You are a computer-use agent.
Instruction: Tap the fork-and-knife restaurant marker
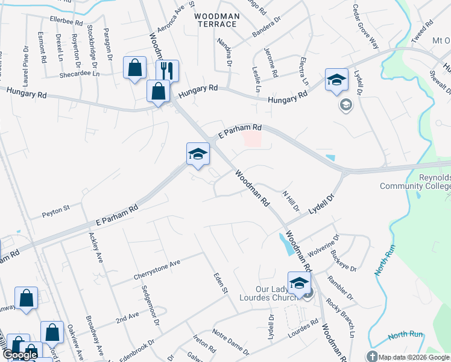[167, 70]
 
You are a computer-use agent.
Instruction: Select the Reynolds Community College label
[415, 182]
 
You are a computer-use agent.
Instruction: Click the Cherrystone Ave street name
[157, 271]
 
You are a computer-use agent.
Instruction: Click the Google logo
[20, 355]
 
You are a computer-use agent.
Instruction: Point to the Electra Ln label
[303, 71]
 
